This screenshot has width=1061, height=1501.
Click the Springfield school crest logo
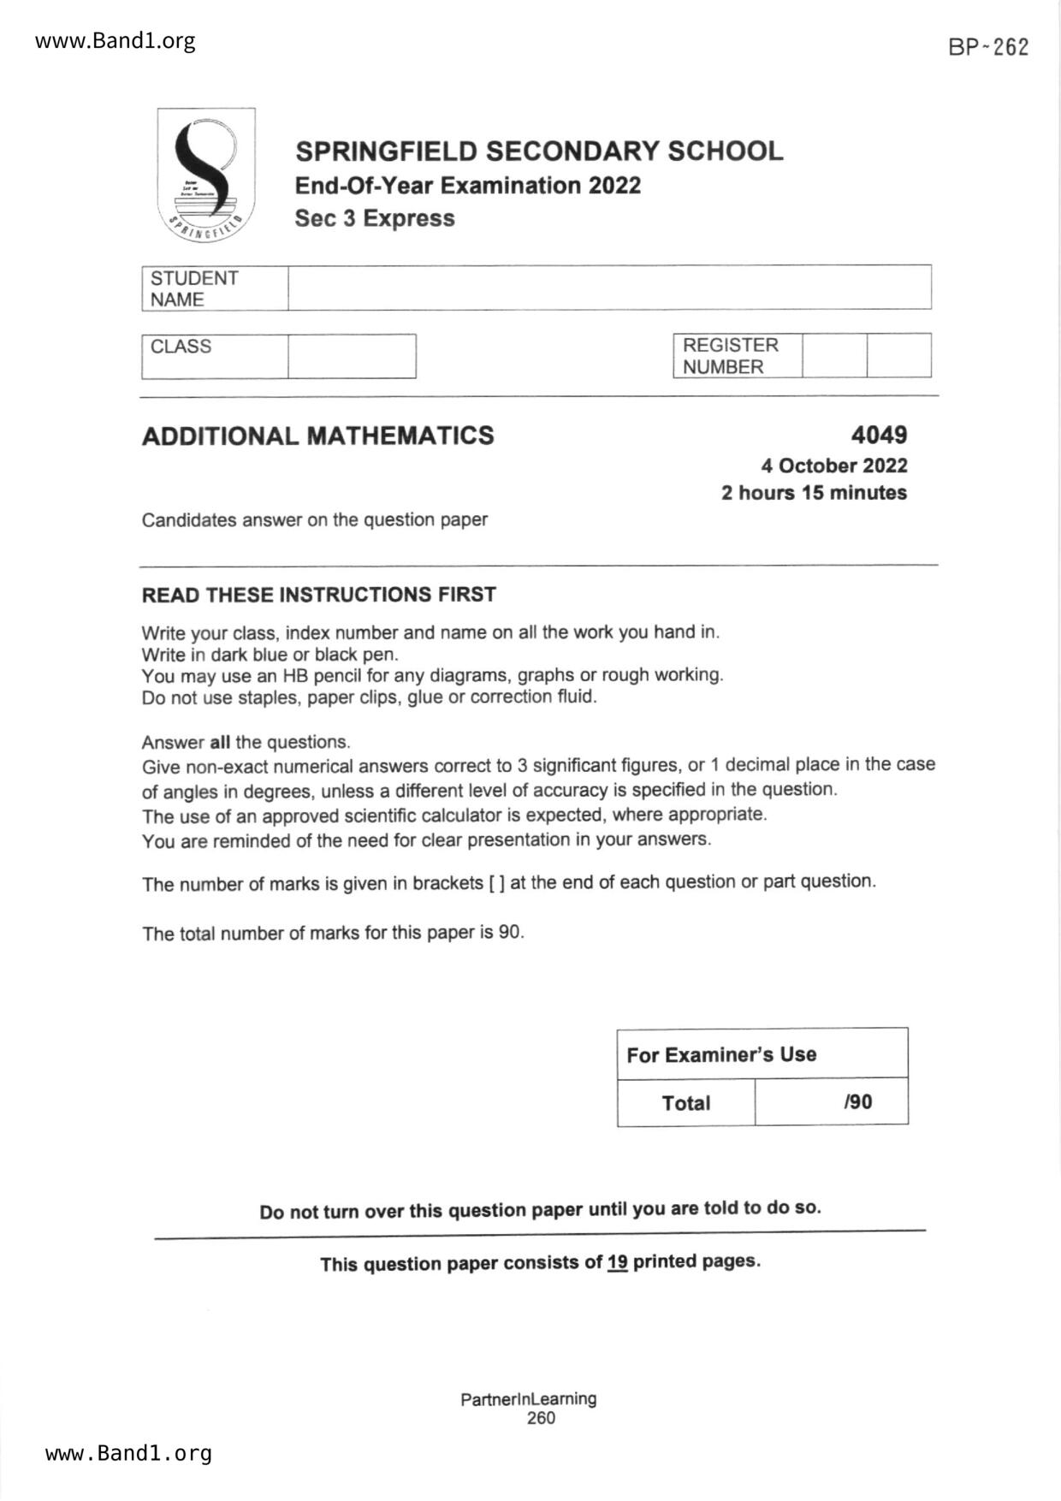click(206, 175)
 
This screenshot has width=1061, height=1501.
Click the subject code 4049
click(879, 435)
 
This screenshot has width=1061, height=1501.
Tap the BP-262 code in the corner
click(988, 47)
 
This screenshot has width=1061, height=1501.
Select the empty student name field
click(608, 288)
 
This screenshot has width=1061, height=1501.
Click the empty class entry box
click(352, 356)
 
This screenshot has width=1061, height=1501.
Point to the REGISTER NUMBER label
click(731, 356)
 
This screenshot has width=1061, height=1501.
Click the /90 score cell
click(857, 1101)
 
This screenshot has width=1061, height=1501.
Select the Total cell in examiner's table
click(685, 1103)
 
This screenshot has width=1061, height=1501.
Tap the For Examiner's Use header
click(721, 1054)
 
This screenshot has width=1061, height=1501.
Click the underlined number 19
click(617, 1262)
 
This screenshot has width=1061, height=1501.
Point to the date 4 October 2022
click(834, 466)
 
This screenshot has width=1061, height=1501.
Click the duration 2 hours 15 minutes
click(814, 493)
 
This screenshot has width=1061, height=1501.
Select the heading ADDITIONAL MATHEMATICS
click(317, 436)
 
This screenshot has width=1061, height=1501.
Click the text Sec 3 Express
click(374, 218)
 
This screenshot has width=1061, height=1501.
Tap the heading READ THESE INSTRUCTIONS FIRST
click(318, 595)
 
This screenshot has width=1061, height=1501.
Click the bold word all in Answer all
click(220, 742)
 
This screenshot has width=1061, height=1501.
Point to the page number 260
click(541, 1418)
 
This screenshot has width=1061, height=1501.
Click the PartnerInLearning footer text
click(528, 1399)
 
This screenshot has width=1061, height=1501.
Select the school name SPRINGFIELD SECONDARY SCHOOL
click(539, 151)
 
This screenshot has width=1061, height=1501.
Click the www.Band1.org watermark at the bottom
click(128, 1453)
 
